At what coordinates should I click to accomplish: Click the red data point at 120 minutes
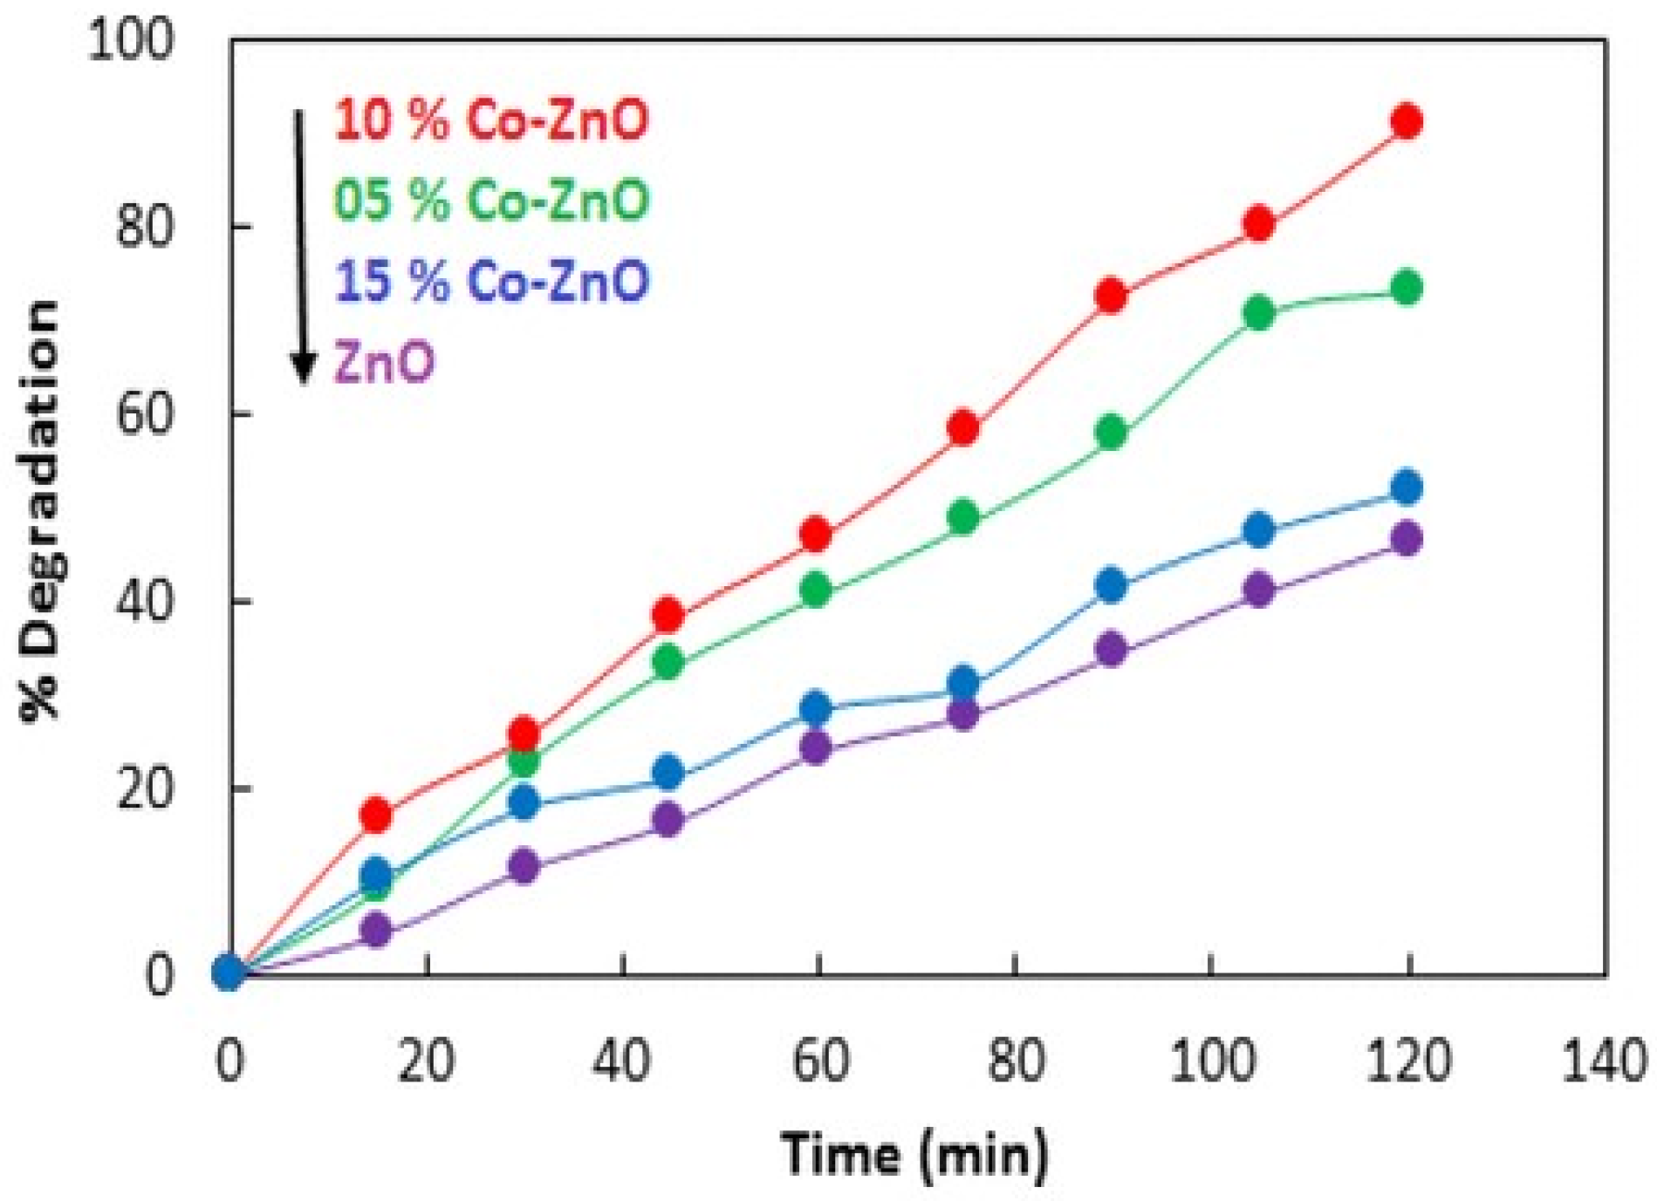tap(1407, 121)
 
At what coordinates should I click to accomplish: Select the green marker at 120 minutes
tap(1407, 288)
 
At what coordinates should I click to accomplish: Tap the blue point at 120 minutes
tap(1407, 488)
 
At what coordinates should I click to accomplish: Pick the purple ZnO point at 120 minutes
tap(1407, 538)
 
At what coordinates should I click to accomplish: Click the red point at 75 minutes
tap(962, 427)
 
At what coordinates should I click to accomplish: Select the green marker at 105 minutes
tap(1258, 313)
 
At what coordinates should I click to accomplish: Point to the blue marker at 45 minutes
tap(668, 772)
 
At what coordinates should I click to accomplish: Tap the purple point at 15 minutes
tap(376, 930)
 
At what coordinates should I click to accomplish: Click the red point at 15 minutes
tap(376, 815)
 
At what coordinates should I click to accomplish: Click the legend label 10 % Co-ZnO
tap(491, 119)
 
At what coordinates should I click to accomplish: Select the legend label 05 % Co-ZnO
tap(491, 200)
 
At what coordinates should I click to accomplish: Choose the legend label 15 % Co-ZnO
tap(491, 281)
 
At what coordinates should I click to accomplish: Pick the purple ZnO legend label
tap(384, 362)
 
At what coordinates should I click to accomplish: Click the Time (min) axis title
tap(914, 1154)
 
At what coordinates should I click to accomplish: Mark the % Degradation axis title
tap(41, 509)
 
